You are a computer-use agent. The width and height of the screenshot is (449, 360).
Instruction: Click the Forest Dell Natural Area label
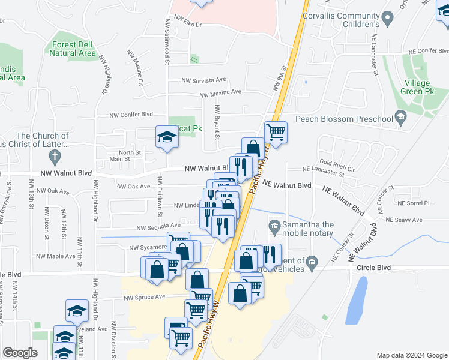[74, 49]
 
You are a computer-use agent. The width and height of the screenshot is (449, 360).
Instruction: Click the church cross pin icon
[55, 157]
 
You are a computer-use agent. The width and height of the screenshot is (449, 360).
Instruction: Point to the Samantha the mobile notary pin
[274, 227]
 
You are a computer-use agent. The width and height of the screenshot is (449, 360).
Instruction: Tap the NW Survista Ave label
[204, 79]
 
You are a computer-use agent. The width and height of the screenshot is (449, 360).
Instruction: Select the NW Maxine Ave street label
[220, 92]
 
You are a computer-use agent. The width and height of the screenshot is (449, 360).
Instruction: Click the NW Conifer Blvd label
[131, 114]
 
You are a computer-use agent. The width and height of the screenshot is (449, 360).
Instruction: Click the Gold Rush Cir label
[338, 163]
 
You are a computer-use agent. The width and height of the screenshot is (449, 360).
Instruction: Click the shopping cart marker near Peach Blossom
[276, 131]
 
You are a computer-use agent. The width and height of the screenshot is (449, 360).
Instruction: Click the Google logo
[20, 353]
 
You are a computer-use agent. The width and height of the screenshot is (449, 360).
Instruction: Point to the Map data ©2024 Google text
[411, 355]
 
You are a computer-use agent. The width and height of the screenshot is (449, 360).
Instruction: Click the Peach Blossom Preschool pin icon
[400, 118]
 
